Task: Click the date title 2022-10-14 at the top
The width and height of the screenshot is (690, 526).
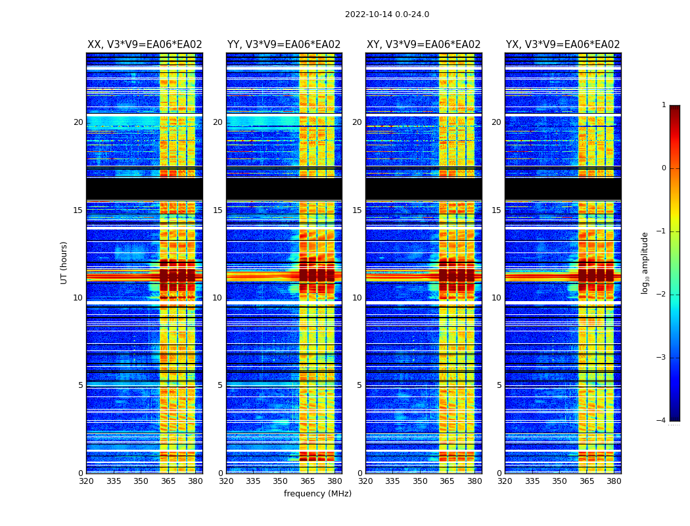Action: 386,14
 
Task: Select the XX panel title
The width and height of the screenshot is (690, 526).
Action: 145,45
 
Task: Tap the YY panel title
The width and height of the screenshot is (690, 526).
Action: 284,45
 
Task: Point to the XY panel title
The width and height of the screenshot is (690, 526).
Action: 423,45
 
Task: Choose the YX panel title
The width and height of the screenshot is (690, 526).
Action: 563,45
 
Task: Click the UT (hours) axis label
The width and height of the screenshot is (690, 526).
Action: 64,262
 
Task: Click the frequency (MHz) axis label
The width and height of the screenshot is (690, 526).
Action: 317,494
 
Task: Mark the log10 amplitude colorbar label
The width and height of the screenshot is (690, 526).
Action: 645,262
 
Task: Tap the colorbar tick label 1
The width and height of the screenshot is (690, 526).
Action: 664,105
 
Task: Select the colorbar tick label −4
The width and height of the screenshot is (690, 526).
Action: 662,421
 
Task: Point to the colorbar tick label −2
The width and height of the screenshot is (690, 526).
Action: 662,295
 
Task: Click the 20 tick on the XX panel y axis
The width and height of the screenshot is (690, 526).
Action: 78,122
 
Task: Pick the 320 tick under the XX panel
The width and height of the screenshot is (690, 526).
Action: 86,481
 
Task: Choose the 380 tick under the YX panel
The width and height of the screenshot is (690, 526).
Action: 614,481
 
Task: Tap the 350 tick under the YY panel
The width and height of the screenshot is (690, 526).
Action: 281,481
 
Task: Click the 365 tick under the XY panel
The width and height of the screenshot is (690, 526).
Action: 447,481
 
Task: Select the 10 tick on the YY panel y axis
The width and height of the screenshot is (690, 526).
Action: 218,298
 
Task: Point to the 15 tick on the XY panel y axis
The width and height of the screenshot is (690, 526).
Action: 357,210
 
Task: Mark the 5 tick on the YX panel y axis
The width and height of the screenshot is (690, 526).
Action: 499,385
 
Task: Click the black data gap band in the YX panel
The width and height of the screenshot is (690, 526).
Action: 563,189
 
